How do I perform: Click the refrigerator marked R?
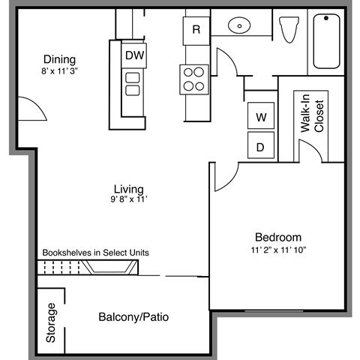[x=196, y=30]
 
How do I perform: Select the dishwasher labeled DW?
[x=133, y=55]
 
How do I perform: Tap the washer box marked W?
[x=260, y=118]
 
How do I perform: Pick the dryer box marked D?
[x=260, y=147]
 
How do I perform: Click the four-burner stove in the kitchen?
[x=193, y=79]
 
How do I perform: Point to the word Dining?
[x=58, y=59]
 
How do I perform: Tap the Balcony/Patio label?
[x=133, y=317]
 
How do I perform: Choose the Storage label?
[x=51, y=322]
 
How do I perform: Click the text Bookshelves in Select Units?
[x=95, y=253]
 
